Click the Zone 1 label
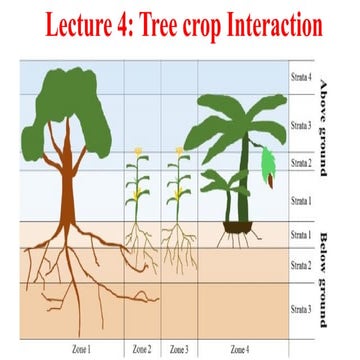(x=81, y=350)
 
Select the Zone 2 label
(x=142, y=350)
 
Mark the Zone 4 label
(x=240, y=350)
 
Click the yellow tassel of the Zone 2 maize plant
(x=140, y=151)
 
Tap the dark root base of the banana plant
(x=236, y=238)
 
